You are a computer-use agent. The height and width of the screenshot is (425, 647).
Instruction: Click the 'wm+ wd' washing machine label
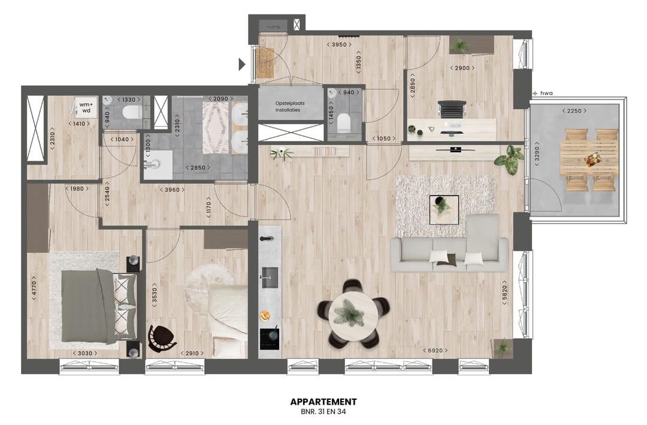[86, 107]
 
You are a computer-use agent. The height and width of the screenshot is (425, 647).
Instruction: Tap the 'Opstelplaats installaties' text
[290, 107]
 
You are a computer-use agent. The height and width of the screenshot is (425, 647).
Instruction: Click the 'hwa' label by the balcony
[545, 94]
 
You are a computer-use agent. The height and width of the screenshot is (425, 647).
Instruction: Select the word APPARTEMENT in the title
[323, 402]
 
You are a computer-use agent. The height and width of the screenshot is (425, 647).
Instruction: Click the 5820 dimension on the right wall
[506, 292]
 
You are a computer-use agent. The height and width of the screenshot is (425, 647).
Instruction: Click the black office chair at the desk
[451, 111]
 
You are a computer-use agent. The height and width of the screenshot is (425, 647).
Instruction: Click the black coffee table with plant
[444, 209]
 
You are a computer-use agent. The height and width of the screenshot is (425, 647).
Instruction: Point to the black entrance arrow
[242, 64]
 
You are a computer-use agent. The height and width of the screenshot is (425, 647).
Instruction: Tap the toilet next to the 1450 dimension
[344, 123]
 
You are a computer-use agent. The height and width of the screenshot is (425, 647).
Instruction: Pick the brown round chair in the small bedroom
[161, 338]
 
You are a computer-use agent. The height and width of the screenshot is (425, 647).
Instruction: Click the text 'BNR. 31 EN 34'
[323, 413]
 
